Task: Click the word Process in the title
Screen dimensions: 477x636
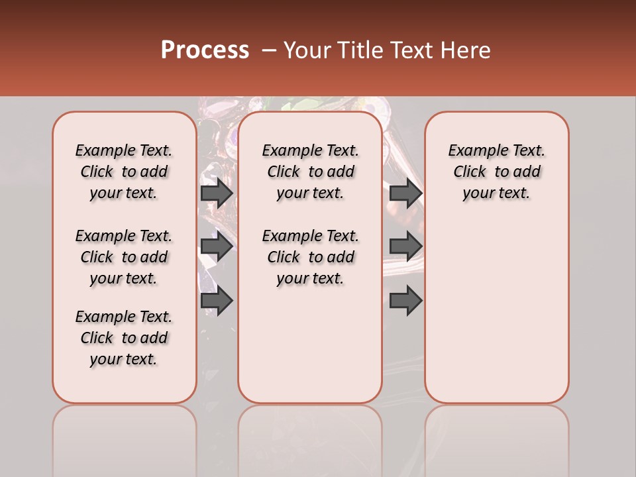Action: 205,50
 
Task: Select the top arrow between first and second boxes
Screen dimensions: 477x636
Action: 217,193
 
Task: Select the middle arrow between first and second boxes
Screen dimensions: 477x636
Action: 217,246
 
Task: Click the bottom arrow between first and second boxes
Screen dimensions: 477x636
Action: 217,301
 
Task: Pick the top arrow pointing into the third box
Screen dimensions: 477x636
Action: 405,193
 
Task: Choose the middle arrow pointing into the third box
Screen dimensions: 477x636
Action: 405,246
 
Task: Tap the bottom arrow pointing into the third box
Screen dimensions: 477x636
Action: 405,301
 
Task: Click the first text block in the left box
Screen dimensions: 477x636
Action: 124,172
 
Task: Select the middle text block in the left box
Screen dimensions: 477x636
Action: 124,257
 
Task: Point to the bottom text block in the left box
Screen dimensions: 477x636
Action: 124,338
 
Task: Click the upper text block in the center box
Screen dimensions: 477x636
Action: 310,172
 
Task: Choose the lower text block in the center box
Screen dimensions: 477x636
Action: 310,257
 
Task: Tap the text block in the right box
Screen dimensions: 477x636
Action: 496,172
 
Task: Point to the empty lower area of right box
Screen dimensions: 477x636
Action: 496,311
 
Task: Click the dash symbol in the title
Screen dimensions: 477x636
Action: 269,50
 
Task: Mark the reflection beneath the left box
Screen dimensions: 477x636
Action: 124,437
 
